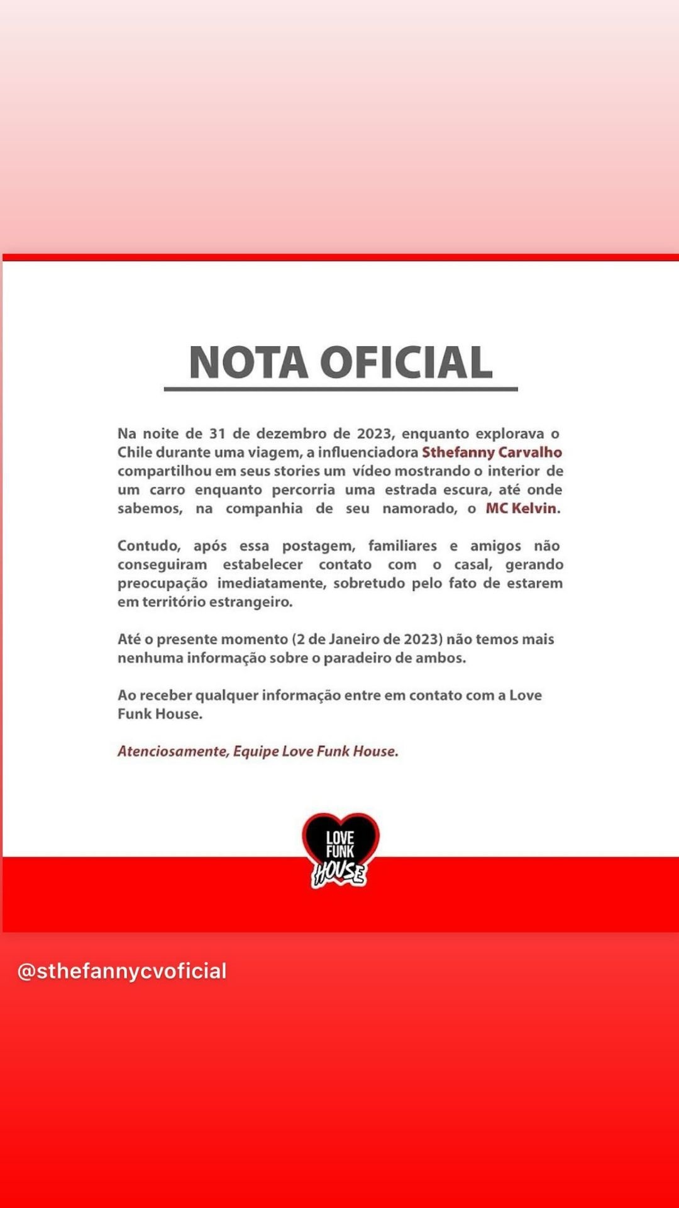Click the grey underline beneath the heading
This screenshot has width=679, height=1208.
click(340, 389)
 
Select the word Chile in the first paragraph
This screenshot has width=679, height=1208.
click(135, 452)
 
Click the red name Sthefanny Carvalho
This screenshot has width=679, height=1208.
click(492, 452)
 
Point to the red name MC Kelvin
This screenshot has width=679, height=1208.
click(521, 508)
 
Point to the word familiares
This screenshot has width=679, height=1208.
click(402, 545)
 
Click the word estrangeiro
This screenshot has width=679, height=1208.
click(255, 601)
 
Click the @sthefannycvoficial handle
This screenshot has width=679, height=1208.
click(122, 971)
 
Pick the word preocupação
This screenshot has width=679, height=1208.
click(162, 583)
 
